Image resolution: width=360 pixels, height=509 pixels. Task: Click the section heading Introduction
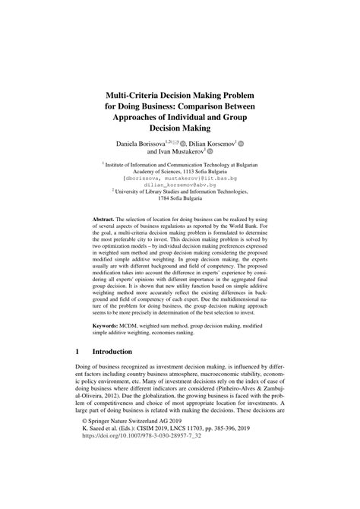click(112, 353)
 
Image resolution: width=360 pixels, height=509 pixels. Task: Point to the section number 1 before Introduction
click(77, 353)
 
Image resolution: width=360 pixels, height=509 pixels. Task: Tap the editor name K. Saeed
click(97, 470)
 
